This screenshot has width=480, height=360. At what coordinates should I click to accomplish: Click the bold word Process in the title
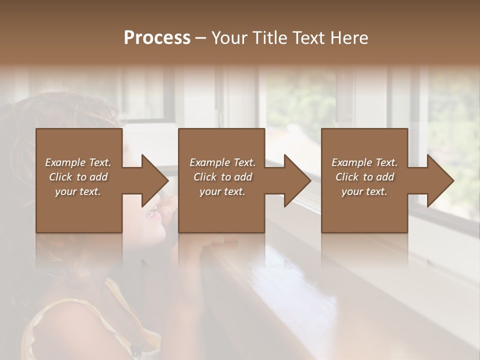pyautogui.click(x=157, y=38)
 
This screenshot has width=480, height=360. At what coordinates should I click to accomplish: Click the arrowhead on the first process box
pyautogui.click(x=155, y=180)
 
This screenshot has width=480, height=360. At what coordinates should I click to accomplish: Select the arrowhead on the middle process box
pyautogui.click(x=297, y=180)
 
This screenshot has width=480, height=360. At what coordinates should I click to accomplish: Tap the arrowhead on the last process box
pyautogui.click(x=440, y=180)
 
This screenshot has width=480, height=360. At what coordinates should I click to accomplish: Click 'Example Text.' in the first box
pyautogui.click(x=78, y=162)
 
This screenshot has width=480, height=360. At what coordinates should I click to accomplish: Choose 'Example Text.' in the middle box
pyautogui.click(x=222, y=162)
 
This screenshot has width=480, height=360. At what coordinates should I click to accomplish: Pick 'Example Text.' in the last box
pyautogui.click(x=364, y=162)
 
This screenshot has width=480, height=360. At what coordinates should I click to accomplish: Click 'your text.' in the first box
pyautogui.click(x=78, y=191)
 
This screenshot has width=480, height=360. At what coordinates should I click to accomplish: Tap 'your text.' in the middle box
pyautogui.click(x=222, y=191)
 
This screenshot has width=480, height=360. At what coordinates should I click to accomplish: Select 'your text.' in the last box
pyautogui.click(x=364, y=191)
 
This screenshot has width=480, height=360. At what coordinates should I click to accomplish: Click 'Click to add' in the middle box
pyautogui.click(x=222, y=177)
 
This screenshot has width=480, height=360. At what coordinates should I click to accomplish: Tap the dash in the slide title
pyautogui.click(x=200, y=38)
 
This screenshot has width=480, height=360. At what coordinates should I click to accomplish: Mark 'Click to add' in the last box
pyautogui.click(x=364, y=177)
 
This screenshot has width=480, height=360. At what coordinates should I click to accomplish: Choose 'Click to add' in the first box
pyautogui.click(x=78, y=177)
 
